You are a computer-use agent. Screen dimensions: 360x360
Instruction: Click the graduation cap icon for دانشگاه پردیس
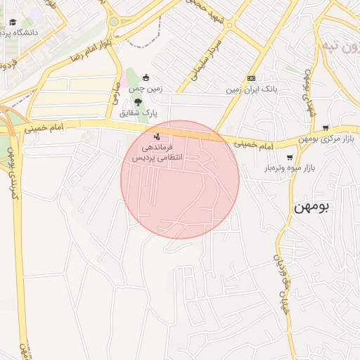click(13, 22)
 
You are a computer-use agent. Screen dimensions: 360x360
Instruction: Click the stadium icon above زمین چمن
click(146, 77)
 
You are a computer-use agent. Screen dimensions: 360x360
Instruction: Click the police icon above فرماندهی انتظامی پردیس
click(156, 136)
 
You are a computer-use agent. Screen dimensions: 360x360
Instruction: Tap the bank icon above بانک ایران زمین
click(251, 78)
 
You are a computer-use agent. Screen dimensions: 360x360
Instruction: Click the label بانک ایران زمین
click(250, 89)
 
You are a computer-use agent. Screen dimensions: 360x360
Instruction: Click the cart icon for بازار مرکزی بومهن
click(325, 127)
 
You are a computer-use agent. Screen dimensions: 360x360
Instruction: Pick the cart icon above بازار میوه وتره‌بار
click(290, 157)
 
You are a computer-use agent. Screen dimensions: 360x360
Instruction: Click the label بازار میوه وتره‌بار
click(290, 168)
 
